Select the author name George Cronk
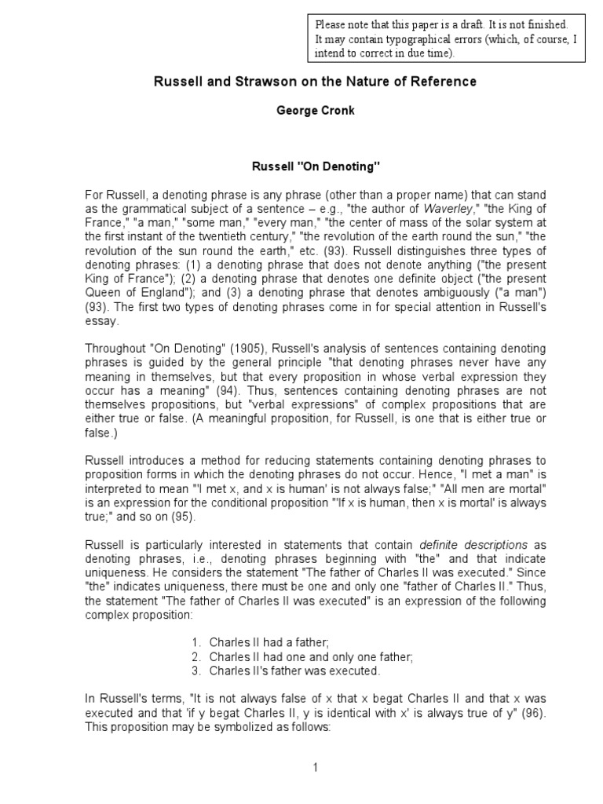pyautogui.click(x=315, y=111)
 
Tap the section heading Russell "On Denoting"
pyautogui.click(x=314, y=167)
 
